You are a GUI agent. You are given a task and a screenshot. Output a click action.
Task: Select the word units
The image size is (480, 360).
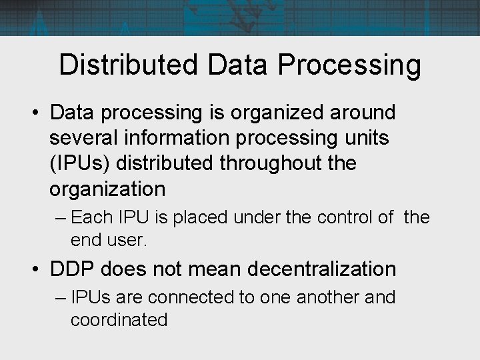coord(371,138)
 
